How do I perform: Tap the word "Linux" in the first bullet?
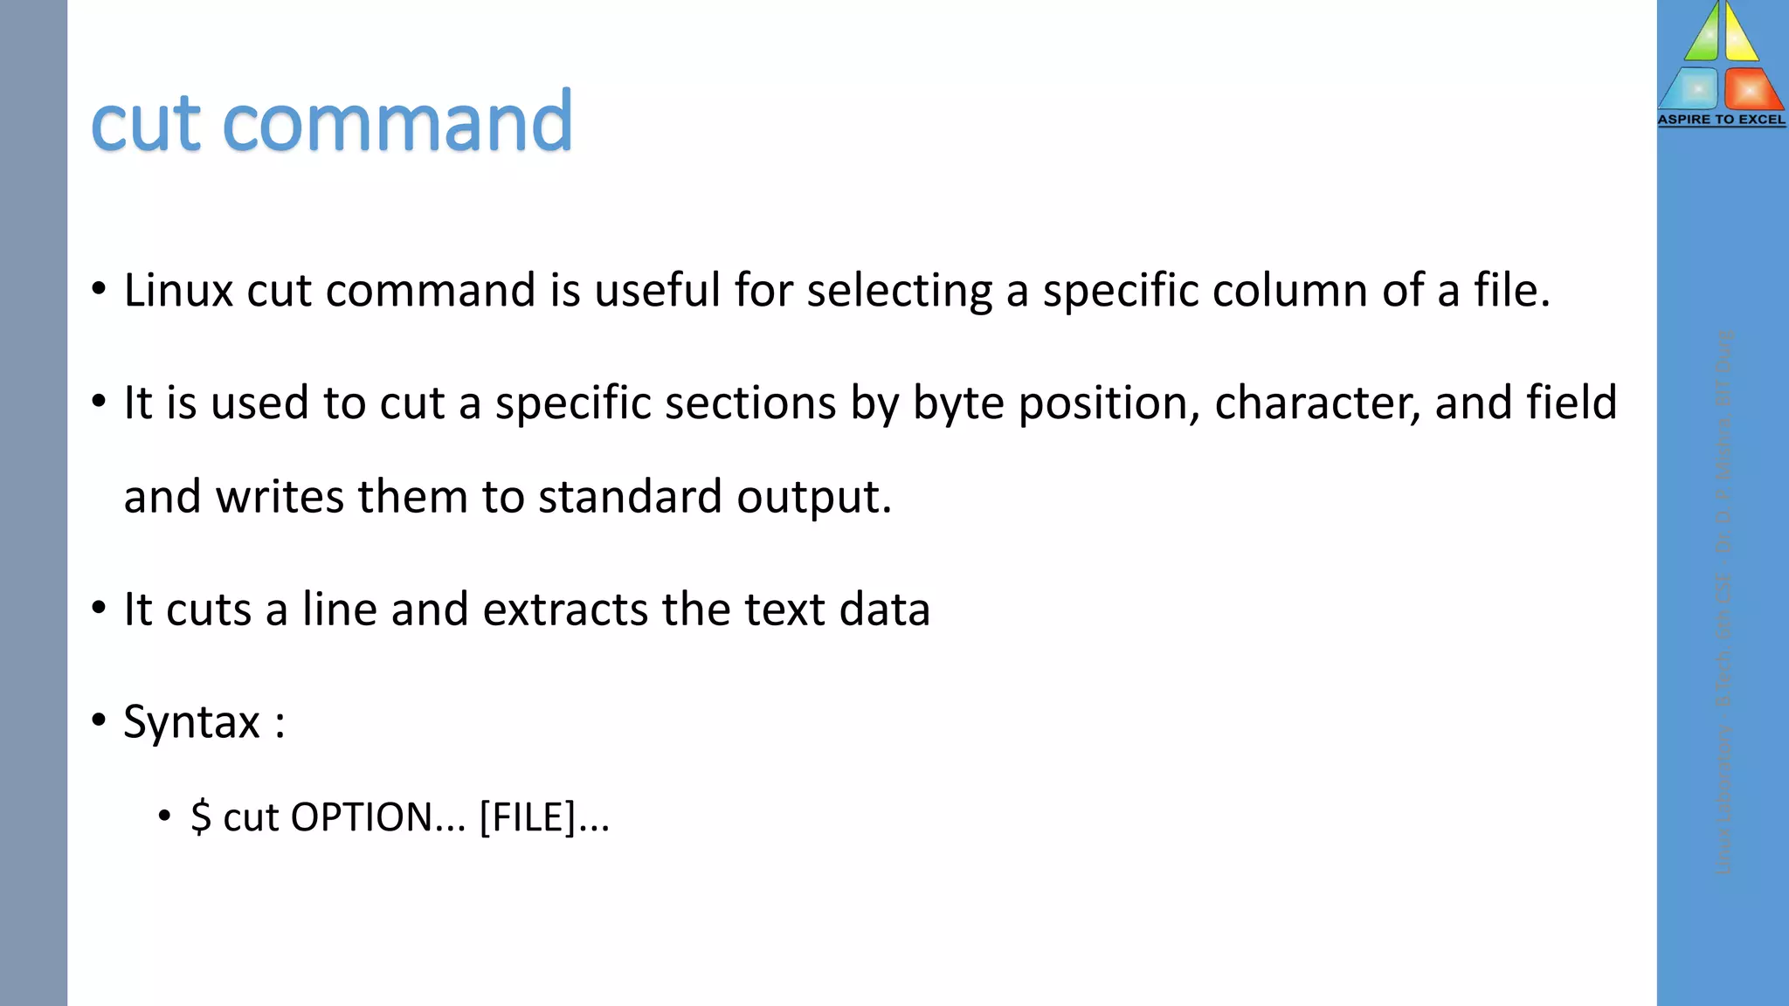click(178, 290)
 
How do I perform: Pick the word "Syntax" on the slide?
click(192, 722)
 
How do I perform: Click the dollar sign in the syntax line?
click(201, 817)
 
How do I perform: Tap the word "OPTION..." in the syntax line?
click(377, 817)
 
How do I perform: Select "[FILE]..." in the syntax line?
click(544, 817)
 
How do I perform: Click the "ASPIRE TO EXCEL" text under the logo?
click(1722, 120)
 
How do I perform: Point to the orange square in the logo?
click(1751, 89)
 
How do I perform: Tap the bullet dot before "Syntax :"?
click(99, 720)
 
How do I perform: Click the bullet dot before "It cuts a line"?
click(99, 608)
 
